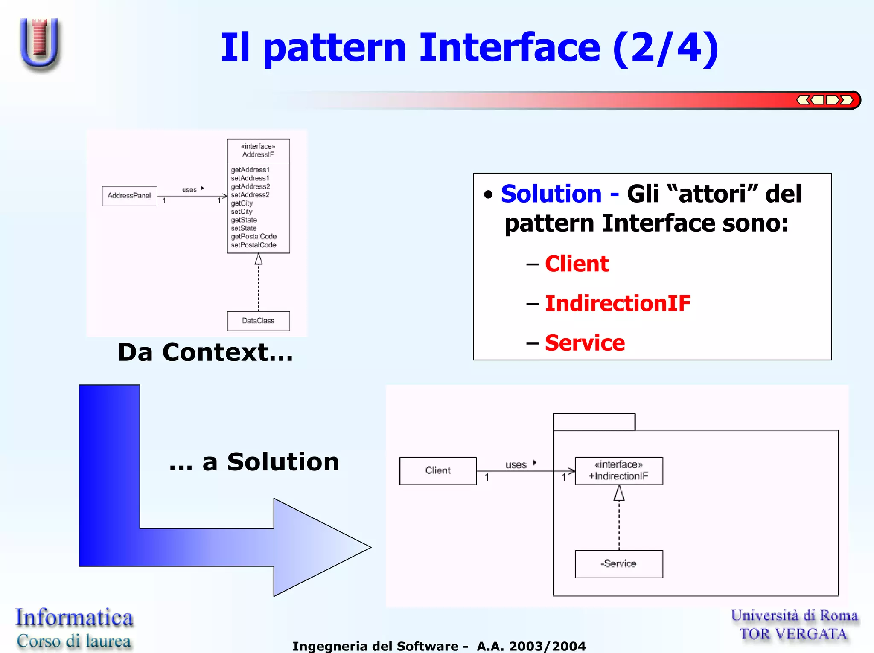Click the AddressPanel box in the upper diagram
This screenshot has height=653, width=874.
(129, 196)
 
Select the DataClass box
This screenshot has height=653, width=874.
(258, 321)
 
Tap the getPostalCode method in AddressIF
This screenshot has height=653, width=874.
(253, 236)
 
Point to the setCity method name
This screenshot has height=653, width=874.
(242, 212)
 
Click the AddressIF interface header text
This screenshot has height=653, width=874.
(258, 151)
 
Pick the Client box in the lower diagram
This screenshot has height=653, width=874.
(438, 470)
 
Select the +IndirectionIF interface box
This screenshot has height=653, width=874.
(618, 471)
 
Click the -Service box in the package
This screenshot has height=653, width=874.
(618, 564)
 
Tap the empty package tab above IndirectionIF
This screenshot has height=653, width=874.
(594, 422)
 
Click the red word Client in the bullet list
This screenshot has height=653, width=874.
(577, 264)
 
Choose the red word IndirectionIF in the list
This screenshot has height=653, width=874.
(618, 303)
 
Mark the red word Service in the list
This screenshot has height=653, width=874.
(585, 343)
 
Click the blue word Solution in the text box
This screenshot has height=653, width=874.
(551, 194)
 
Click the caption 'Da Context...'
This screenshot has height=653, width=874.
(205, 353)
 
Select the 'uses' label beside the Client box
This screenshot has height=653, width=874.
(516, 464)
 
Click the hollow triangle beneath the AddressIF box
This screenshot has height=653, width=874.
(258, 259)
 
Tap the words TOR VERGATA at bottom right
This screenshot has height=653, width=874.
(793, 634)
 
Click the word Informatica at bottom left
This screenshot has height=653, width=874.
(74, 618)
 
